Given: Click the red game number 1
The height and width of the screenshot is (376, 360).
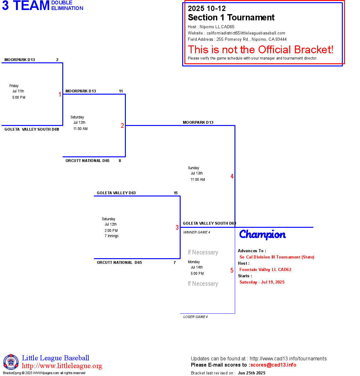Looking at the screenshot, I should point(60,94).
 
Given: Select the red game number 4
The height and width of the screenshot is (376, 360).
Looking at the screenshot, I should point(232,176).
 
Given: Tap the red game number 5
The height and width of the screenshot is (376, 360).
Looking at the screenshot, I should point(232,270).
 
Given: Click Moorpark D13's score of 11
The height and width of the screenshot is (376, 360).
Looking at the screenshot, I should point(121,91).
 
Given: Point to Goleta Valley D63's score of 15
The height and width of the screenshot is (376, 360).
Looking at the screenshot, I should point(176,193).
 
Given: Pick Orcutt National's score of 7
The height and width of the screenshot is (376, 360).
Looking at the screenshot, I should point(175,263).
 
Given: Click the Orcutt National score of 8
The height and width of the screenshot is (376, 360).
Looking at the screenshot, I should point(120,161).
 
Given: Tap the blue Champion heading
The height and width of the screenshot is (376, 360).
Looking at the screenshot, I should point(262,234).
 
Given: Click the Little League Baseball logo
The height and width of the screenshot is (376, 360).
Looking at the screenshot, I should point(11,362).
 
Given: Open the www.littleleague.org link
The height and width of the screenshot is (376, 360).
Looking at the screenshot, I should point(62,366).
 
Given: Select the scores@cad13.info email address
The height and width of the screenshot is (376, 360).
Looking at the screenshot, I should point(273,365).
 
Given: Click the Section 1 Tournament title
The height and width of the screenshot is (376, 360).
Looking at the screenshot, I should point(231,18).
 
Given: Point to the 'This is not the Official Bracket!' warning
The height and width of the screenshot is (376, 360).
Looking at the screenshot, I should point(260,50).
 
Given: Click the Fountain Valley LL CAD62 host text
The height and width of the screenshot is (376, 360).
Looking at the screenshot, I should point(265,269).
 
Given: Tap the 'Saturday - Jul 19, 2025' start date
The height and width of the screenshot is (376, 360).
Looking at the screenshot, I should point(262,282).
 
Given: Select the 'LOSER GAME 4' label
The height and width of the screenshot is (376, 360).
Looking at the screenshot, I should point(195,317).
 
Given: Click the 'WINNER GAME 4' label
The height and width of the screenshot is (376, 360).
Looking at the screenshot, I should point(197,232).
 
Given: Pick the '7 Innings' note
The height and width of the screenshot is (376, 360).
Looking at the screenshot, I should point(111,236).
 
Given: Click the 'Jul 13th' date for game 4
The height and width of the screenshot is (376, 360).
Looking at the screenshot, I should point(197,173).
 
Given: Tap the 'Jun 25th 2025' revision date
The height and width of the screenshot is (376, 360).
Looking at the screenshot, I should point(251,373).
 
